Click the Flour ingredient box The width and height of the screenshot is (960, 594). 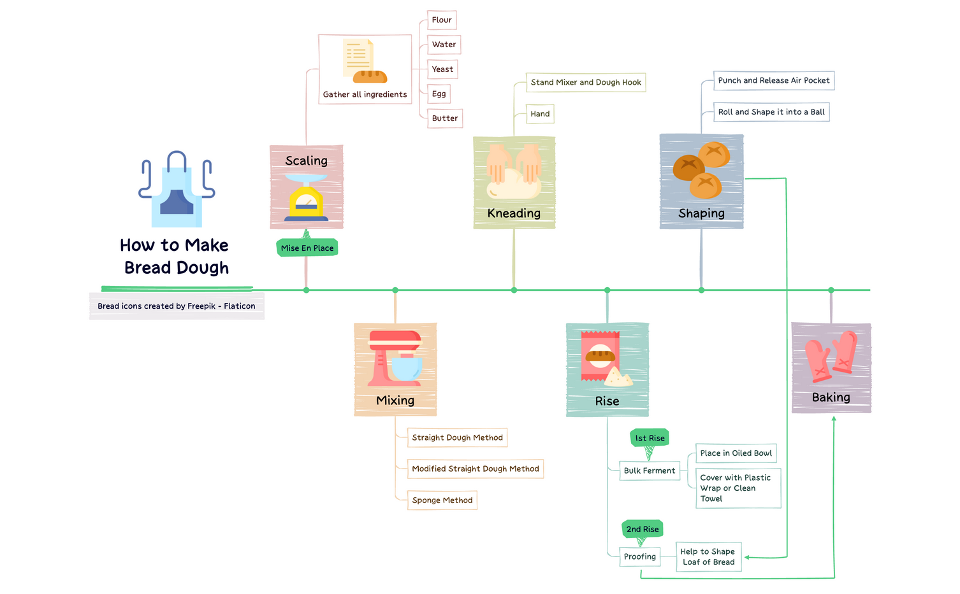coord(442,20)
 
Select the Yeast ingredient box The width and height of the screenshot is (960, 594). coord(442,69)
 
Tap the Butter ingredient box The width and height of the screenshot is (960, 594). coord(444,118)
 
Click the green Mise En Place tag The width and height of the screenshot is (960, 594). coord(307,248)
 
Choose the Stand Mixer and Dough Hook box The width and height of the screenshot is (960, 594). coord(586,82)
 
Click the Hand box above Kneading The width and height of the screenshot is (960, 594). coord(540,114)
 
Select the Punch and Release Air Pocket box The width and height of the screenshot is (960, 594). coord(773,80)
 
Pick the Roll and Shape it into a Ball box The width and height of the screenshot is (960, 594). coord(771,112)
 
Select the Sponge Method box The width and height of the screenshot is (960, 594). coord(442,500)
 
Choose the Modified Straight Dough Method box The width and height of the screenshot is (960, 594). coord(476,469)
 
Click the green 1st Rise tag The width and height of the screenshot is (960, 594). coord(650,438)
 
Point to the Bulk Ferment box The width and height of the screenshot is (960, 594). coord(649,470)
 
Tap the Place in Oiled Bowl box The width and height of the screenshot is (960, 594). coord(736,453)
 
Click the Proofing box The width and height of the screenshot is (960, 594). coord(639,556)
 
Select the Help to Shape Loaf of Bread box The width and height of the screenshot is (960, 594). coord(708,556)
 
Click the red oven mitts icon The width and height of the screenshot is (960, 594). coord(831,357)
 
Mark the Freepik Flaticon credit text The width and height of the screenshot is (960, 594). coord(177,306)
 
